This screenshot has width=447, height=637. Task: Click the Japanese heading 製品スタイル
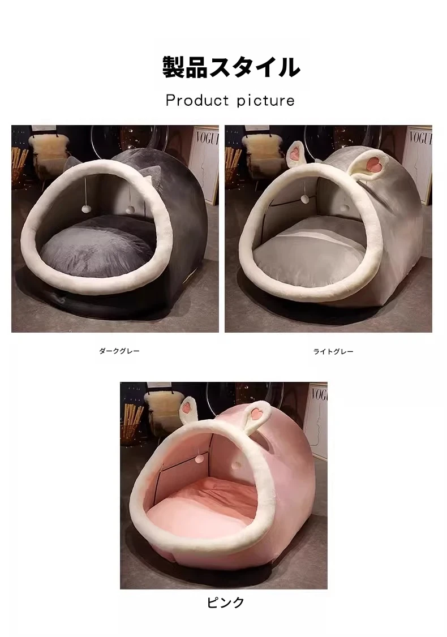[231, 67]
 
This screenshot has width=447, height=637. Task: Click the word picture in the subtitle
[266, 101]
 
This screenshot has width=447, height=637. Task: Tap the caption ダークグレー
[119, 351]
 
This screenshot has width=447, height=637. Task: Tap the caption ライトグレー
[333, 351]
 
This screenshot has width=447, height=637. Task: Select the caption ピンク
[225, 602]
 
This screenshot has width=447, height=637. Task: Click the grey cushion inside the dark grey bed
[97, 248]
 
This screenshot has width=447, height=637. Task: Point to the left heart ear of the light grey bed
[296, 154]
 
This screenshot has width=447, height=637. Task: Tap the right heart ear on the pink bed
[257, 414]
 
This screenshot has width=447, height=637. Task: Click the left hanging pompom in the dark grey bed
[85, 209]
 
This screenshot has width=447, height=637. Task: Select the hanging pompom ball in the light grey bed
[303, 199]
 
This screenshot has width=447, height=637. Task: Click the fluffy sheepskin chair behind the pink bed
[162, 410]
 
